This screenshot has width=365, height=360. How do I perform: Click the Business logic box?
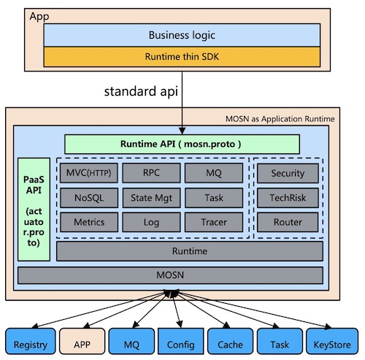click(182, 34)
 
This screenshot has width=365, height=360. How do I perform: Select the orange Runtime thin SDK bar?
click(182, 56)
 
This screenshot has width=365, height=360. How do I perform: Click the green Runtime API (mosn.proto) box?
click(182, 144)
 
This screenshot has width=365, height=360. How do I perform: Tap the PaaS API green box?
click(33, 208)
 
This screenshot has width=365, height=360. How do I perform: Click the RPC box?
click(150, 173)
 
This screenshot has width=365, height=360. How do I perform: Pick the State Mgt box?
click(150, 197)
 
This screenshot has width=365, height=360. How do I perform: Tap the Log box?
click(150, 222)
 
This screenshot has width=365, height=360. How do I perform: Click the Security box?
click(288, 173)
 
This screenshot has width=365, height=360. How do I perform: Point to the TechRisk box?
click(288, 197)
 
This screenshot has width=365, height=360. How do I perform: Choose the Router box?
click(288, 222)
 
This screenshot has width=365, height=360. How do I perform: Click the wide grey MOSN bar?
click(170, 275)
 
